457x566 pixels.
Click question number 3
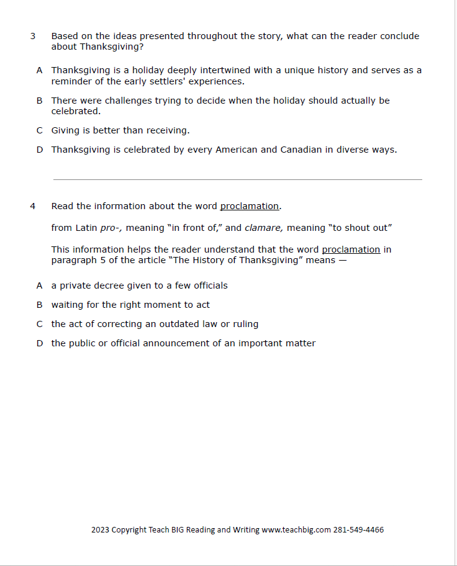click(x=32, y=37)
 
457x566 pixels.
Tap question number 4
click(x=32, y=207)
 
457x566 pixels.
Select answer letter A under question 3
click(x=39, y=71)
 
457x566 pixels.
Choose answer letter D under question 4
click(x=39, y=343)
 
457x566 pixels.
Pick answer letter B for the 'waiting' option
click(x=39, y=305)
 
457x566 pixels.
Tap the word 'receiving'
click(x=167, y=130)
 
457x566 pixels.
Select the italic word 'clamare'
click(x=264, y=228)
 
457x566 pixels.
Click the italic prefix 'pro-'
click(x=111, y=228)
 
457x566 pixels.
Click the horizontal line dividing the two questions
click(x=237, y=180)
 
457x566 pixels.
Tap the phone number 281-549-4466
click(x=358, y=530)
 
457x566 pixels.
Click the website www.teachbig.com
click(x=296, y=530)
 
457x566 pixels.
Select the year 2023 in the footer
click(x=100, y=530)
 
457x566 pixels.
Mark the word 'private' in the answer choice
click(x=77, y=285)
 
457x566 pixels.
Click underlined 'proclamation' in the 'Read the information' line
click(x=249, y=207)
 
